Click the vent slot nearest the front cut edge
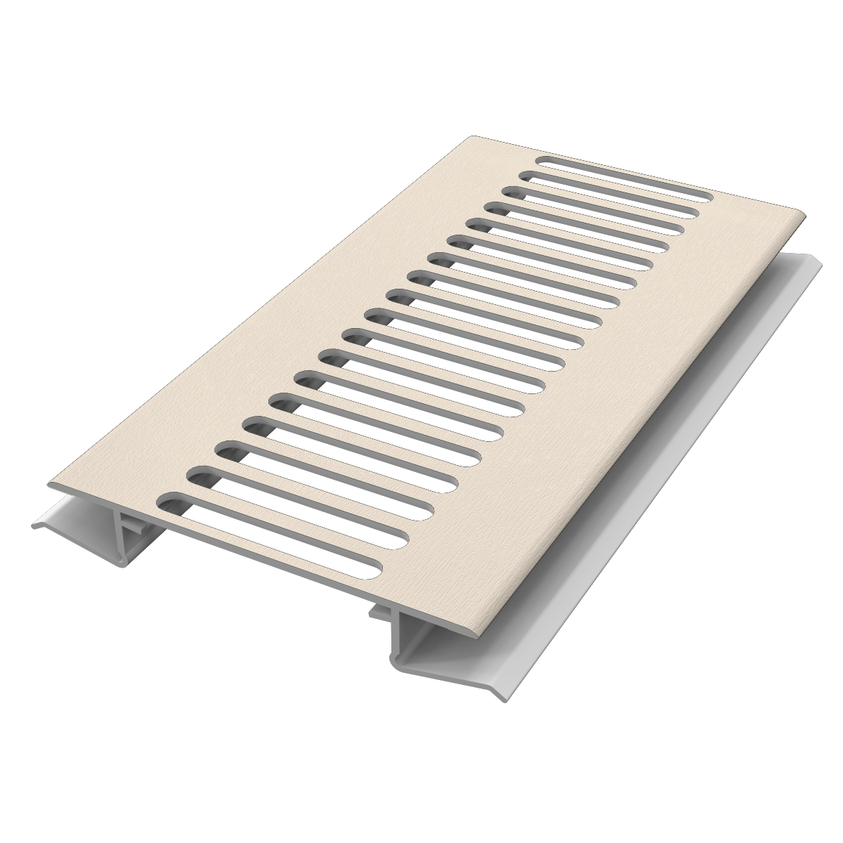pyautogui.click(x=274, y=537)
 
